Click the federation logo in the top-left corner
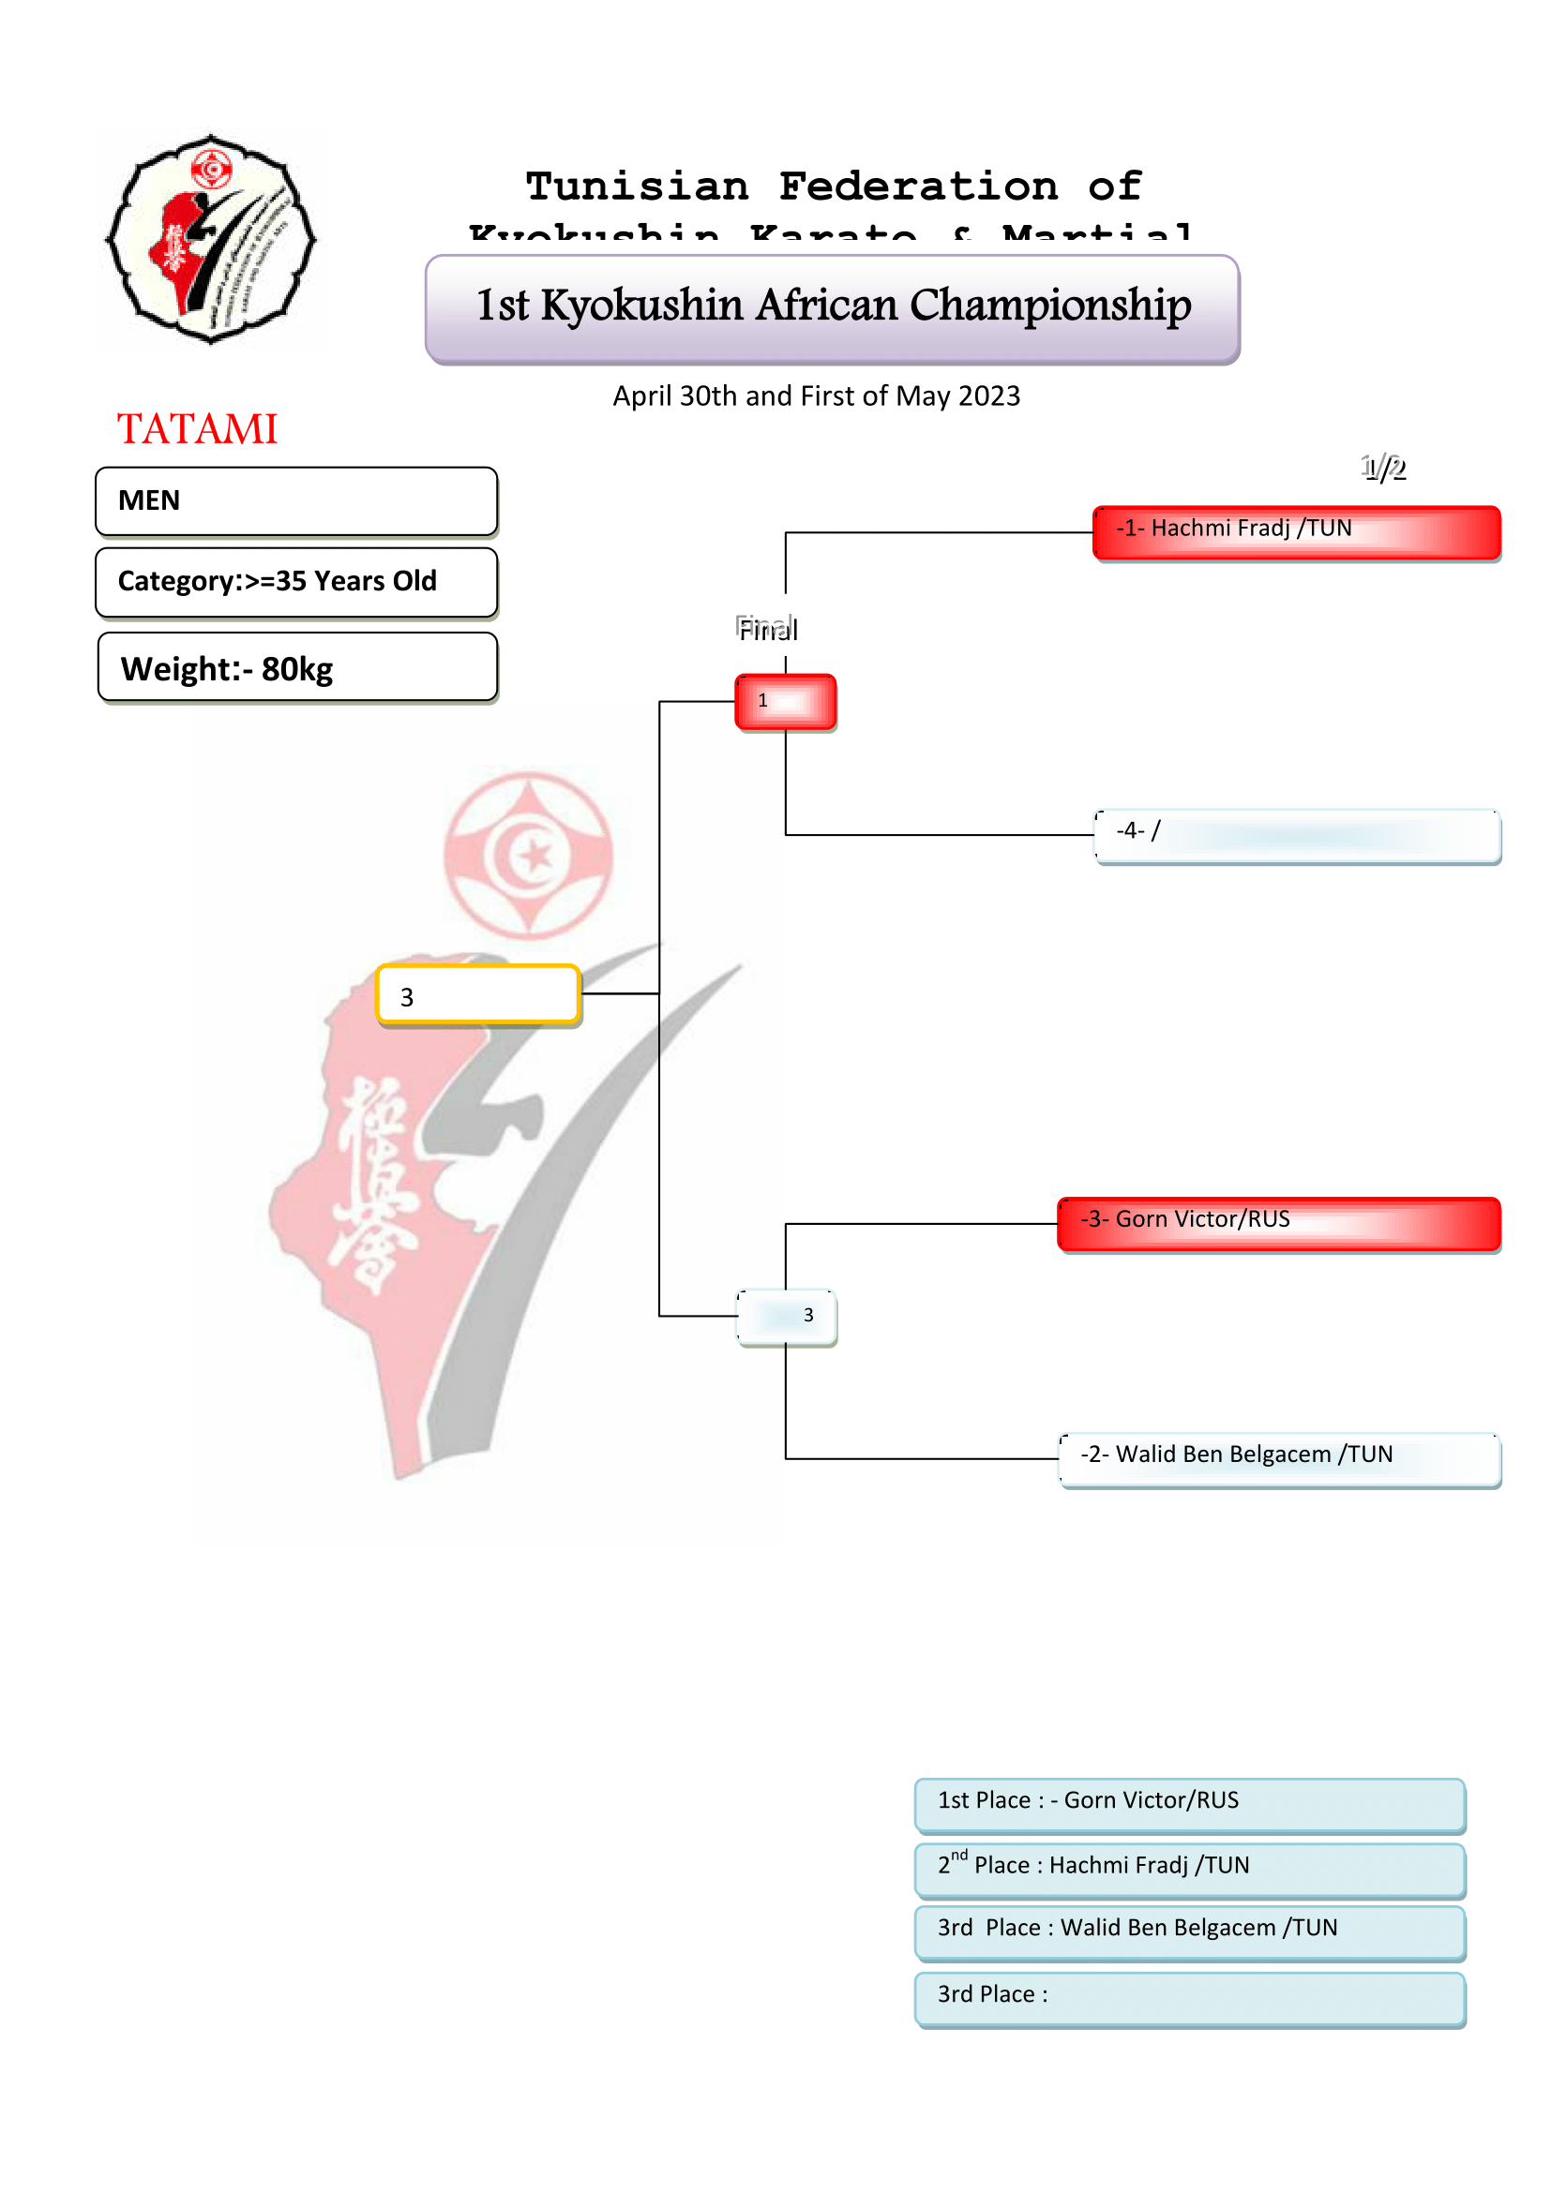click(x=211, y=239)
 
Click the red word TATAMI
click(x=197, y=428)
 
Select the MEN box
click(x=296, y=501)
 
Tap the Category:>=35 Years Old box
click(x=296, y=581)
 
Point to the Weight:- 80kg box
click(x=297, y=668)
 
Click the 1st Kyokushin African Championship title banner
click(x=832, y=308)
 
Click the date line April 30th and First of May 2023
click(x=817, y=396)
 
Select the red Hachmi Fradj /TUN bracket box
click(x=1296, y=531)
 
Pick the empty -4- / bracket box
click(x=1296, y=835)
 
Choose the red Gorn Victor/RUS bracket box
click(x=1279, y=1223)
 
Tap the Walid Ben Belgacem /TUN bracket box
click(x=1279, y=1459)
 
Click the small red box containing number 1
click(x=785, y=702)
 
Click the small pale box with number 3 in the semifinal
click(x=786, y=1317)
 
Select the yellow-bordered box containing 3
click(x=478, y=995)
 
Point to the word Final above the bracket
click(x=767, y=629)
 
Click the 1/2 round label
click(x=1383, y=468)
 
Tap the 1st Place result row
click(x=1189, y=1803)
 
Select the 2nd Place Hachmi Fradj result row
click(x=1189, y=1869)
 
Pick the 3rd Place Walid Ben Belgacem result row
click(x=1189, y=1931)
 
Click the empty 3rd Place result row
click(x=1189, y=1997)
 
